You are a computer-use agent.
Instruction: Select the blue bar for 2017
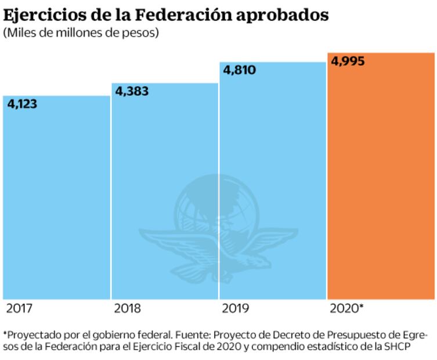(56, 197)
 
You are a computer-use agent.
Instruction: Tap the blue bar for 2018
(165, 192)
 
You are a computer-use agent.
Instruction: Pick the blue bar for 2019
(273, 180)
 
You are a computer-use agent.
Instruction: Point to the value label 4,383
(132, 91)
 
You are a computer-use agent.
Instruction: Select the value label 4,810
(240, 70)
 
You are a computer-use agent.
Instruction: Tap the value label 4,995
(348, 61)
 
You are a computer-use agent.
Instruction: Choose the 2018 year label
(127, 308)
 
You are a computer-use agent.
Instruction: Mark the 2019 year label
(234, 308)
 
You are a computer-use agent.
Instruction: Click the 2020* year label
(346, 308)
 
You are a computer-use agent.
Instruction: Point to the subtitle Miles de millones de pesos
(81, 33)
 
